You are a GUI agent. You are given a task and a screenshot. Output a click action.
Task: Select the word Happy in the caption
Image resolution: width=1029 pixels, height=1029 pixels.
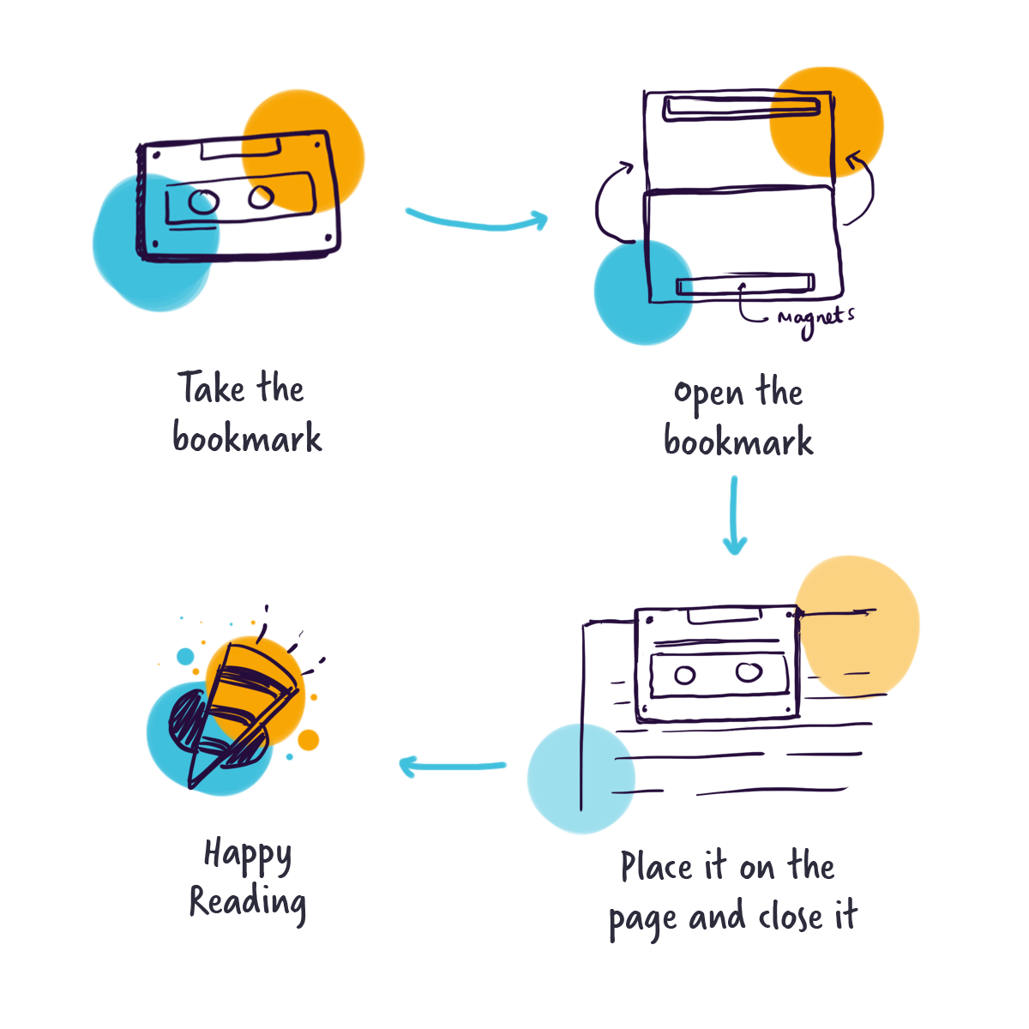(x=248, y=856)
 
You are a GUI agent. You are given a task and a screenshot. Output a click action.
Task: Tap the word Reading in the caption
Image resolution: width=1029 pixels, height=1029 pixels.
(x=248, y=903)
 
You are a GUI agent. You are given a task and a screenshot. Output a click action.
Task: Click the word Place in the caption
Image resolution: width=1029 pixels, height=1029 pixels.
(x=657, y=867)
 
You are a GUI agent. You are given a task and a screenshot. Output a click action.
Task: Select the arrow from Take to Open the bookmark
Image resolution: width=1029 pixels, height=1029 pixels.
(x=477, y=220)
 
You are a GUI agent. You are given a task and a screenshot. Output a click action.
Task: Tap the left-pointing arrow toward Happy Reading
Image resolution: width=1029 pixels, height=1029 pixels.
(x=453, y=765)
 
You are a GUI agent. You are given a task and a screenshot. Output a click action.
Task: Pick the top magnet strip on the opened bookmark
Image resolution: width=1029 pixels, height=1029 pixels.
(x=743, y=108)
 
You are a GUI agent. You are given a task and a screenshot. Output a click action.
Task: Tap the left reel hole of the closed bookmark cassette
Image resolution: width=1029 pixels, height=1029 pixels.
(x=203, y=202)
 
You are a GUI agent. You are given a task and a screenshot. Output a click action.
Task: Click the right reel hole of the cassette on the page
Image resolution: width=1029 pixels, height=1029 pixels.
(x=747, y=673)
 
